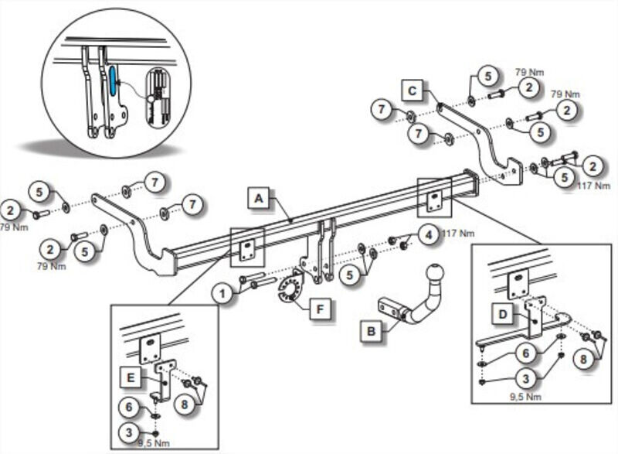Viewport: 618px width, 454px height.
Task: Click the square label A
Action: pos(258,198)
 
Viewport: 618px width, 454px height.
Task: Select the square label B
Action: pos(372,331)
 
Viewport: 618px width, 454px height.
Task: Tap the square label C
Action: pos(413,90)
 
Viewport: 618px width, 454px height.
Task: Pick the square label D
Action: pos(503,314)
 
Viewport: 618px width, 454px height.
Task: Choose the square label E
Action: pos(131,378)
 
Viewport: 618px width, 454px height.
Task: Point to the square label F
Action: pos(320,309)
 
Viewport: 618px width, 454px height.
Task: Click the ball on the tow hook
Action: pos(434,273)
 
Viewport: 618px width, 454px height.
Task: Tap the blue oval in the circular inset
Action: pos(112,81)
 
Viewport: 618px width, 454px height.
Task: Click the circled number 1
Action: pos(222,293)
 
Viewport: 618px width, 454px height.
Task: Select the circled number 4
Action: pos(430,235)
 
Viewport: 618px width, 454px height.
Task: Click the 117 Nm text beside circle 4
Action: pos(458,234)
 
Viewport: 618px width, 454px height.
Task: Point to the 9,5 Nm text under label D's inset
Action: pos(525,397)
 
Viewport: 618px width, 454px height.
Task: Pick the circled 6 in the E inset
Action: pos(129,407)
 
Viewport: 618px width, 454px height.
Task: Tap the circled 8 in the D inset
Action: pos(584,359)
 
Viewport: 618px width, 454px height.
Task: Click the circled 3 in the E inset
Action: pos(129,433)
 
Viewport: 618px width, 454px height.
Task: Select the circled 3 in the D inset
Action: pos(526,379)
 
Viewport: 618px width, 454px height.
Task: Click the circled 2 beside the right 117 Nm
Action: pos(593,166)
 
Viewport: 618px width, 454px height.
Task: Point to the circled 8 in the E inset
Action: pos(185,405)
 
